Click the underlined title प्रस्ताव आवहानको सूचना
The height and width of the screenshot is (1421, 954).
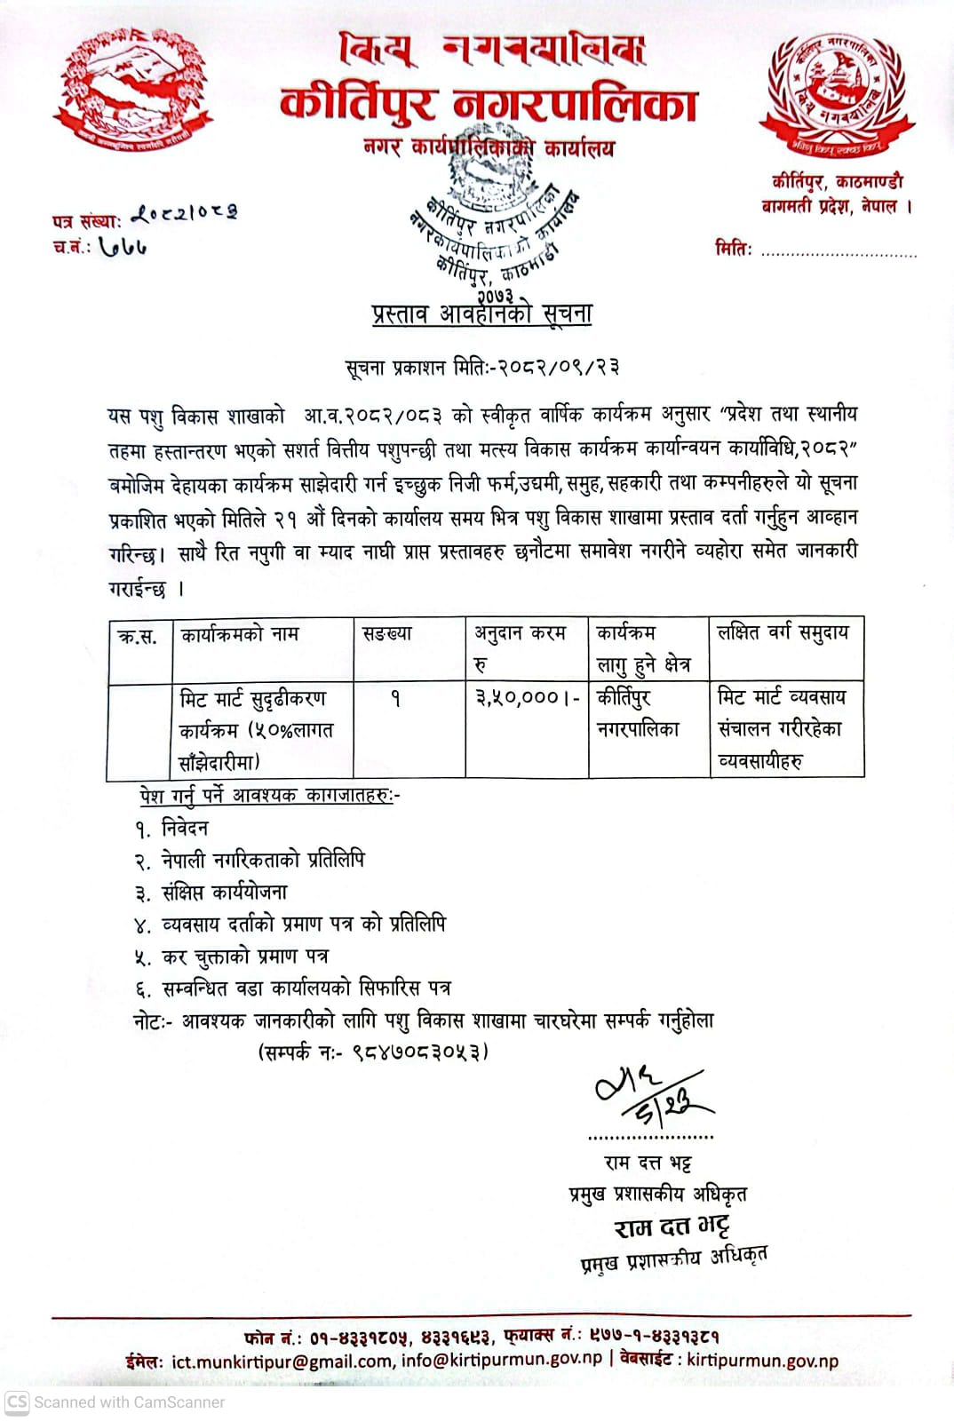pyautogui.click(x=481, y=314)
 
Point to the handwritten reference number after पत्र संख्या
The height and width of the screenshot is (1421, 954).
pyautogui.click(x=185, y=213)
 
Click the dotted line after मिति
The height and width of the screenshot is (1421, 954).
pyautogui.click(x=839, y=253)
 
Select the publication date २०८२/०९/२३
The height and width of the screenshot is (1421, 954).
pyautogui.click(x=559, y=367)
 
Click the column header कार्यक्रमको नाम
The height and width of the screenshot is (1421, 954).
pyautogui.click(x=240, y=634)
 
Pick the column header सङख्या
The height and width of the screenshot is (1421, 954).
pyautogui.click(x=388, y=634)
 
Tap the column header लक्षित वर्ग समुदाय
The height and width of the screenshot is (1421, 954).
pyautogui.click(x=783, y=632)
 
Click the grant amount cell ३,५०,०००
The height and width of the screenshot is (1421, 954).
pyautogui.click(x=526, y=698)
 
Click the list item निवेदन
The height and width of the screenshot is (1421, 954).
pyautogui.click(x=185, y=829)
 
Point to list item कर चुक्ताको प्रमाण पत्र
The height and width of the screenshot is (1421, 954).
pyautogui.click(x=245, y=957)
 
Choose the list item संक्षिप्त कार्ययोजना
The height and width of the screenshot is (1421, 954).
pyautogui.click(x=225, y=893)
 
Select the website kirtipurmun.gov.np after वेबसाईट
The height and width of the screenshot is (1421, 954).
pyautogui.click(x=762, y=1361)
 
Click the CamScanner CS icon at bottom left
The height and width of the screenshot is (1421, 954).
pyautogui.click(x=17, y=1402)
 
